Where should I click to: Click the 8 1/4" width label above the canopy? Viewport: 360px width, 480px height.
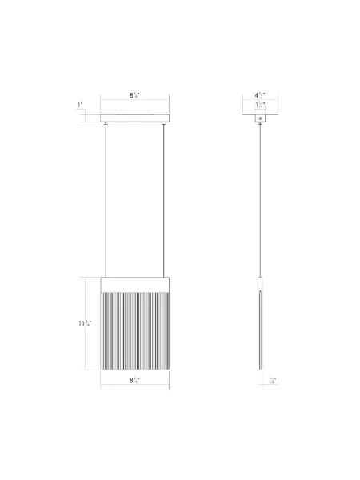[135, 95]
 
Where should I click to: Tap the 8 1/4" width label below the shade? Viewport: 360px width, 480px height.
[135, 380]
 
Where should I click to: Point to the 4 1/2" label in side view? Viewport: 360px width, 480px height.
[259, 96]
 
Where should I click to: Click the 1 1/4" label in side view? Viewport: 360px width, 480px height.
[259, 106]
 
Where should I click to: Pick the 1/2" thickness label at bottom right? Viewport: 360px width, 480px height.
[273, 380]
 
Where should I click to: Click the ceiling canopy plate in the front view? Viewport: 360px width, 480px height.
[135, 118]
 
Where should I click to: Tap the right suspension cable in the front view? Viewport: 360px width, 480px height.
[166, 200]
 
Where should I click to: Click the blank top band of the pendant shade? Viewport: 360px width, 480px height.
[135, 284]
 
